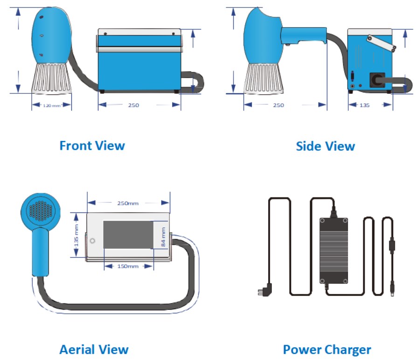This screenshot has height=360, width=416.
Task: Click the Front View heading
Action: point(92,146)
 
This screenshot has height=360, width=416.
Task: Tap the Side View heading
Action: point(325,146)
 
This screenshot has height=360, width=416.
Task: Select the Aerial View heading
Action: point(94,349)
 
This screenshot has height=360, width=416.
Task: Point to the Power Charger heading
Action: point(327,349)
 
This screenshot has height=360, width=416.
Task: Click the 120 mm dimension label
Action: point(52,106)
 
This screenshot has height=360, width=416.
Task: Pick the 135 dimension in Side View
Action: point(365,106)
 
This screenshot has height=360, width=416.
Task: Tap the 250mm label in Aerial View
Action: point(129,203)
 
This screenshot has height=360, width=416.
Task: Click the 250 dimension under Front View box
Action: point(133,106)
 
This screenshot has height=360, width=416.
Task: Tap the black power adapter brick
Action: point(333,250)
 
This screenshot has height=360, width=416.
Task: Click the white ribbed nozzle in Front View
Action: point(51,78)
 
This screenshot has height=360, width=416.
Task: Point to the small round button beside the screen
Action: point(92,241)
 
